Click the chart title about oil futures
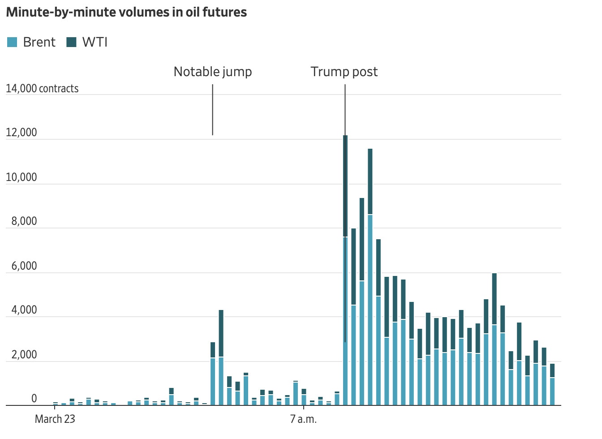click(x=126, y=13)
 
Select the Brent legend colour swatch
click(x=12, y=43)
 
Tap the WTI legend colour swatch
click(x=71, y=43)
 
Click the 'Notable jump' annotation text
click(x=213, y=72)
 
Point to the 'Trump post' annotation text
click(x=344, y=72)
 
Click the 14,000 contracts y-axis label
click(x=42, y=89)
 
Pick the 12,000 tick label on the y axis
click(x=21, y=133)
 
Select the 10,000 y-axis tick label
click(x=21, y=177)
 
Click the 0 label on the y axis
click(x=34, y=399)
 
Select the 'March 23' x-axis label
click(x=55, y=419)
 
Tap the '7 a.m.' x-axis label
click(x=303, y=419)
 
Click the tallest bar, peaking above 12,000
click(x=345, y=269)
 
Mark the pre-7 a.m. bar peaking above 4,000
click(x=221, y=358)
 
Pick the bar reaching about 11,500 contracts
click(x=370, y=278)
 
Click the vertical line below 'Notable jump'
click(x=212, y=110)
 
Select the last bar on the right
click(x=552, y=385)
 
